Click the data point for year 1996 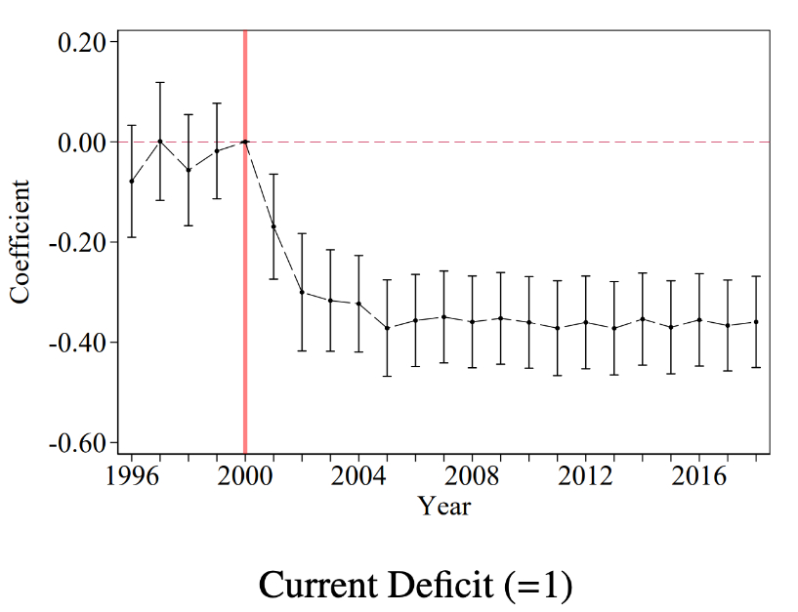pyautogui.click(x=131, y=182)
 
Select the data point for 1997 pyautogui.click(x=160, y=141)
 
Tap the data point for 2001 pyautogui.click(x=273, y=226)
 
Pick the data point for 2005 pyautogui.click(x=387, y=328)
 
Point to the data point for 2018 pyautogui.click(x=756, y=321)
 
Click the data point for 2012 pyautogui.click(x=586, y=322)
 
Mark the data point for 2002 pyautogui.click(x=302, y=292)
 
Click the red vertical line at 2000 pyautogui.click(x=245, y=293)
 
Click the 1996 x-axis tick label pyautogui.click(x=131, y=477)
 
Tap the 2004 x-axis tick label pyautogui.click(x=358, y=477)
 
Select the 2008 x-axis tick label pyautogui.click(x=473, y=477)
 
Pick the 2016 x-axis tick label pyautogui.click(x=699, y=477)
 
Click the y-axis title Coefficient pyautogui.click(x=21, y=241)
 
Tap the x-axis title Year pyautogui.click(x=444, y=506)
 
